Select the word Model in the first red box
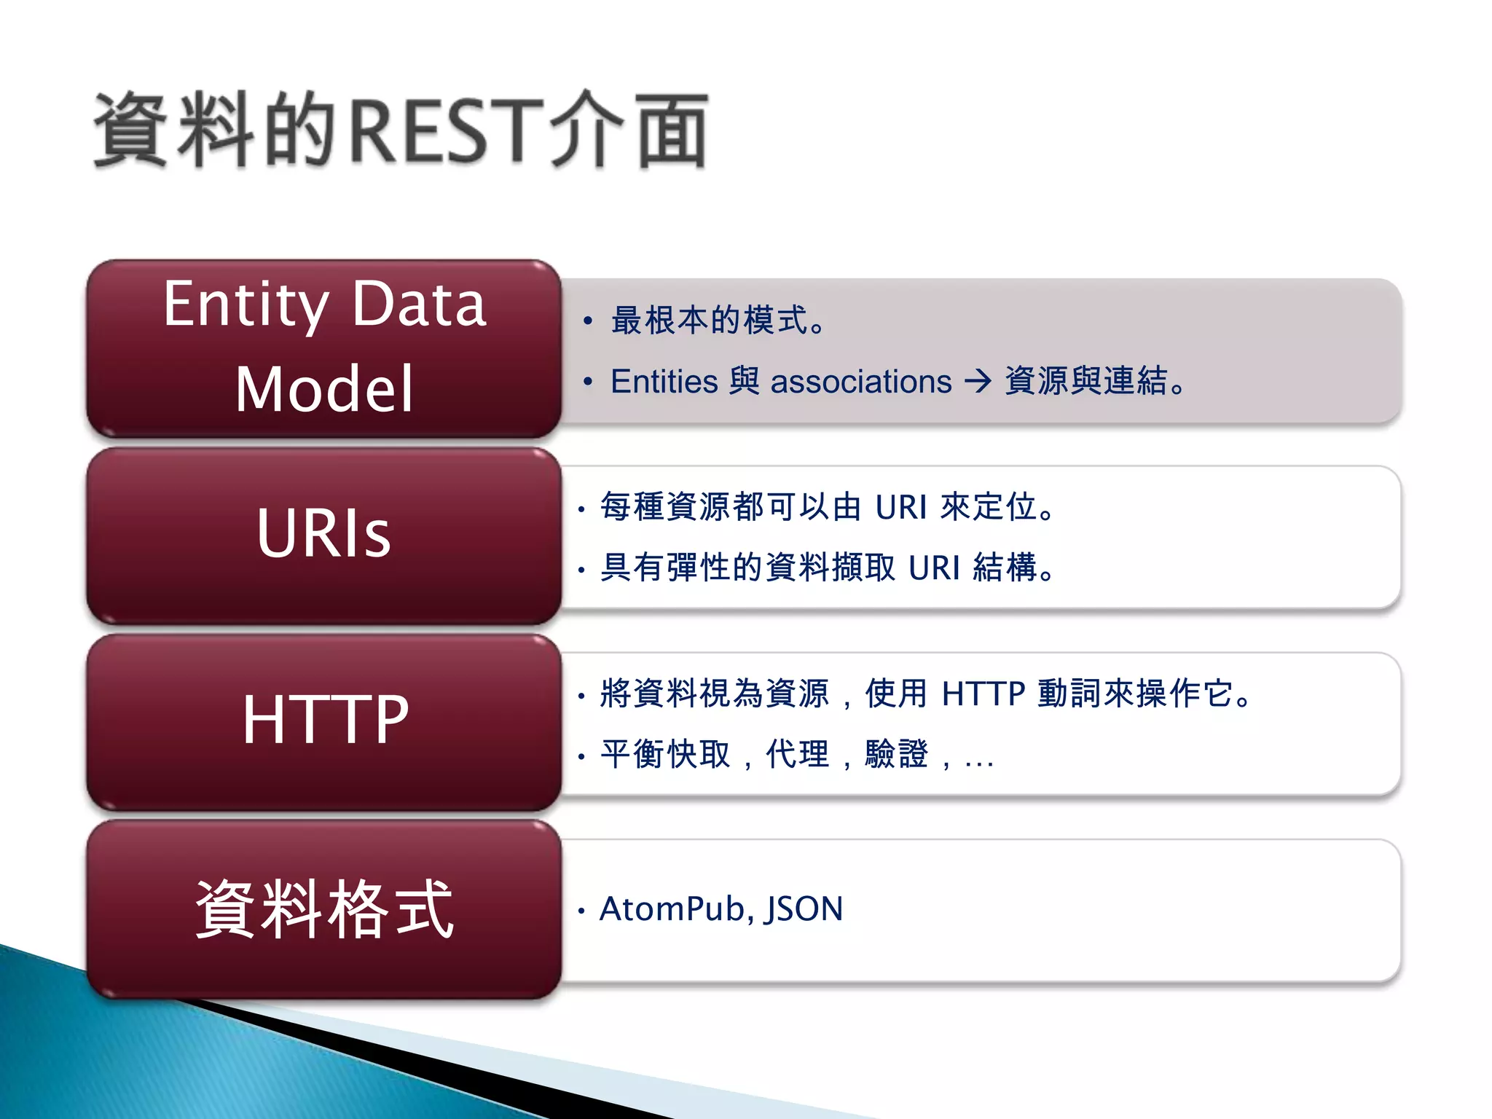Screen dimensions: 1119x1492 coord(324,390)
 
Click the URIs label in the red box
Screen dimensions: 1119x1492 coord(324,533)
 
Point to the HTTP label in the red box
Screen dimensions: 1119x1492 coord(325,720)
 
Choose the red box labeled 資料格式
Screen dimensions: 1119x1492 coord(324,909)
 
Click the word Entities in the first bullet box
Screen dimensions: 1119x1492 coord(664,382)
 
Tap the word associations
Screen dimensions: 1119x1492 coord(861,382)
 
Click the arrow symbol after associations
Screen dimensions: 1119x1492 coord(978,380)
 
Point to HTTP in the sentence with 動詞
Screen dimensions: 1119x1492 coord(983,694)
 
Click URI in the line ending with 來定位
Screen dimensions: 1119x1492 coord(901,507)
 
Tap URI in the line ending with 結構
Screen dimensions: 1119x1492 coord(935,568)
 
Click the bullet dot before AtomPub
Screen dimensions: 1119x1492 coord(581,911)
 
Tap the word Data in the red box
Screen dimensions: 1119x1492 coord(419,305)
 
